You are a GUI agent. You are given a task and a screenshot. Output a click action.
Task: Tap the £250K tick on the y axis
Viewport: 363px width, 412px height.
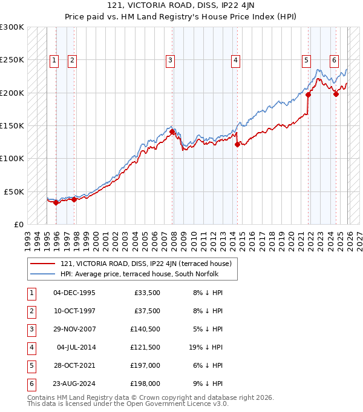tap(12, 60)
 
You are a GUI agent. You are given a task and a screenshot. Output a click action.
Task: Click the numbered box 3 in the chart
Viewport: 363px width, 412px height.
tap(171, 60)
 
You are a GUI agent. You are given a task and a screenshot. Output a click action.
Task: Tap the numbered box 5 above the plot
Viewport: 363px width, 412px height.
tap(307, 60)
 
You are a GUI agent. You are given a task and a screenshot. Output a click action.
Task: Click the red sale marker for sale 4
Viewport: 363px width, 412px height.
tap(237, 144)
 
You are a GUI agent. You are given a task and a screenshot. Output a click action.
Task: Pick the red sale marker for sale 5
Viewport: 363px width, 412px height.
tap(308, 95)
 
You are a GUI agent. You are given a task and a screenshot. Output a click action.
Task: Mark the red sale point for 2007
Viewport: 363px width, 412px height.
tap(172, 131)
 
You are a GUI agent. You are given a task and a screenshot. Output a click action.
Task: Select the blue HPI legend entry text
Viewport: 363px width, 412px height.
tap(140, 274)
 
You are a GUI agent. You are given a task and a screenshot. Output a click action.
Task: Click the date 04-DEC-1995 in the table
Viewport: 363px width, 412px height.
tap(74, 293)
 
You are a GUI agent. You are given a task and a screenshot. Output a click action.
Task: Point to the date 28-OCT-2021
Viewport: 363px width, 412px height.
tap(74, 365)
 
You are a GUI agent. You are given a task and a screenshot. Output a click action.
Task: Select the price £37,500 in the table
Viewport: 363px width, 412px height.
tap(146, 311)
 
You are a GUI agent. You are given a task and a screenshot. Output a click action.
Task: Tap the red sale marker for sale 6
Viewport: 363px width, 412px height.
tap(336, 94)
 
